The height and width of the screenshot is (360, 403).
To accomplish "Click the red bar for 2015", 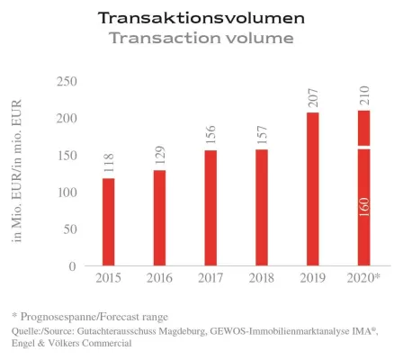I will (x=108, y=222).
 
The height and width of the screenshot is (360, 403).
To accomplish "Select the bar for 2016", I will (x=159, y=218).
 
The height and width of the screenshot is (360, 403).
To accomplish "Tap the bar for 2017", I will (x=210, y=208).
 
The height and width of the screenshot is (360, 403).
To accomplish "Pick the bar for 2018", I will (x=262, y=208).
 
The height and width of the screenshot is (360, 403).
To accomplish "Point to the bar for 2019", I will (x=313, y=189).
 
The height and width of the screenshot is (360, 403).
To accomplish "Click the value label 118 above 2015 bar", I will (x=109, y=164).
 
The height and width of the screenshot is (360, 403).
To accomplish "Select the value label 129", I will (x=160, y=155).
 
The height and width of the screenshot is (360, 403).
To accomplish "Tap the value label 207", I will (x=313, y=97).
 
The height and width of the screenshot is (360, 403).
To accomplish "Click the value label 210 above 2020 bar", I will (x=364, y=94).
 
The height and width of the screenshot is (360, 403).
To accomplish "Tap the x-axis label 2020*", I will (x=364, y=279).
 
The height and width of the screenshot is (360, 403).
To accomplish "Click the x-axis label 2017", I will (x=210, y=279).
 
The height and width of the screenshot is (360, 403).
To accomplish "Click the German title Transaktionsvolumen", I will (x=201, y=18).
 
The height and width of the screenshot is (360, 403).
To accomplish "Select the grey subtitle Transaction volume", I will (x=201, y=38).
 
